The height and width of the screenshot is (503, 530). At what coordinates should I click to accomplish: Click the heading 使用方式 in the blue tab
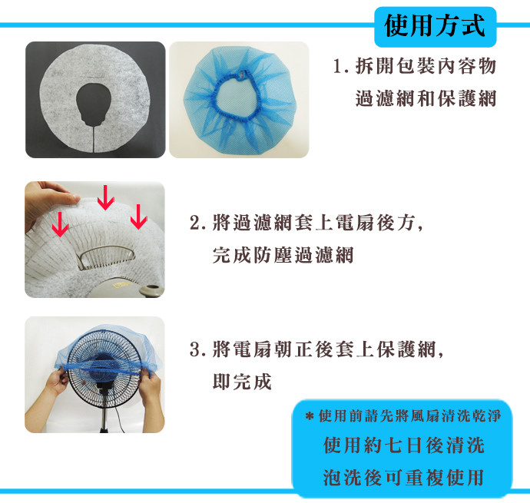coord(435,25)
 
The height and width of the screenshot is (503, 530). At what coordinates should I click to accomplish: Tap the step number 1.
coord(340,66)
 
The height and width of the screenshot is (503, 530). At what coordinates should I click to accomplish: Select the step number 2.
coord(197,223)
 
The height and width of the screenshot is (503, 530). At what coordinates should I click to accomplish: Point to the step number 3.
coord(197,349)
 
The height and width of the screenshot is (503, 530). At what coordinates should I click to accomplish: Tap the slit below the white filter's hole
coord(93,137)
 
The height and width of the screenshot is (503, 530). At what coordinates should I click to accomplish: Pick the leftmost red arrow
coord(60,224)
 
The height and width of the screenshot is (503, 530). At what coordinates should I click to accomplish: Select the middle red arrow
coord(105,197)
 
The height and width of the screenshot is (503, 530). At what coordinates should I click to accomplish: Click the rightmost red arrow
coord(138,217)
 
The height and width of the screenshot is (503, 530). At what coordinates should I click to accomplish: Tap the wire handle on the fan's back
coord(105,257)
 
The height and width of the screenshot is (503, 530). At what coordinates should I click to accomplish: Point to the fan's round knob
coord(152,290)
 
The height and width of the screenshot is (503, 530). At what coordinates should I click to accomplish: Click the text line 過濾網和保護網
coord(426,99)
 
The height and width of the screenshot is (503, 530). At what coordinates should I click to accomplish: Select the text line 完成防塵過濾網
coord(283,256)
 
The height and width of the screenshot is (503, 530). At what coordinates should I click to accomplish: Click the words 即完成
coord(242,382)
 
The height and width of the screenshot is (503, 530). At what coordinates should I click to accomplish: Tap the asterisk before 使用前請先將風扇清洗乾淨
coord(310,416)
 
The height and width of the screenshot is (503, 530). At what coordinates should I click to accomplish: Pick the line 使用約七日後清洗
coord(404,445)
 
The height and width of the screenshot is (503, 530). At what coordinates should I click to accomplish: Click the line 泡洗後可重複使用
coord(403,478)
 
